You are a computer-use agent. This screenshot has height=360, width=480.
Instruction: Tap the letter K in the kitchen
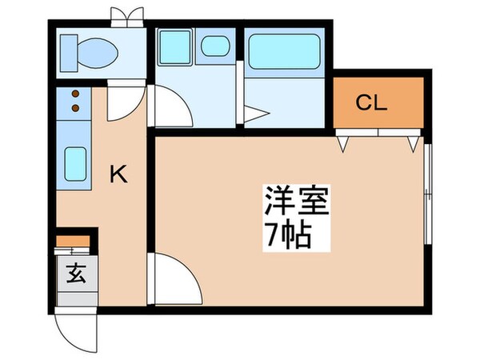pyautogui.click(x=118, y=174)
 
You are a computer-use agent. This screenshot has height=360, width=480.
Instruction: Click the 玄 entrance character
pyautogui.click(x=76, y=275)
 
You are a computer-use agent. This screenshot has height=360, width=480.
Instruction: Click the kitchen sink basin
pyautogui.click(x=74, y=165)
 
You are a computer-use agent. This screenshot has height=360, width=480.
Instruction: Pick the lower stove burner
pyautogui.click(x=75, y=108)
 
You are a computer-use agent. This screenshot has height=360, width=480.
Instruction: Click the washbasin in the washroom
pyautogui.click(x=214, y=47)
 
